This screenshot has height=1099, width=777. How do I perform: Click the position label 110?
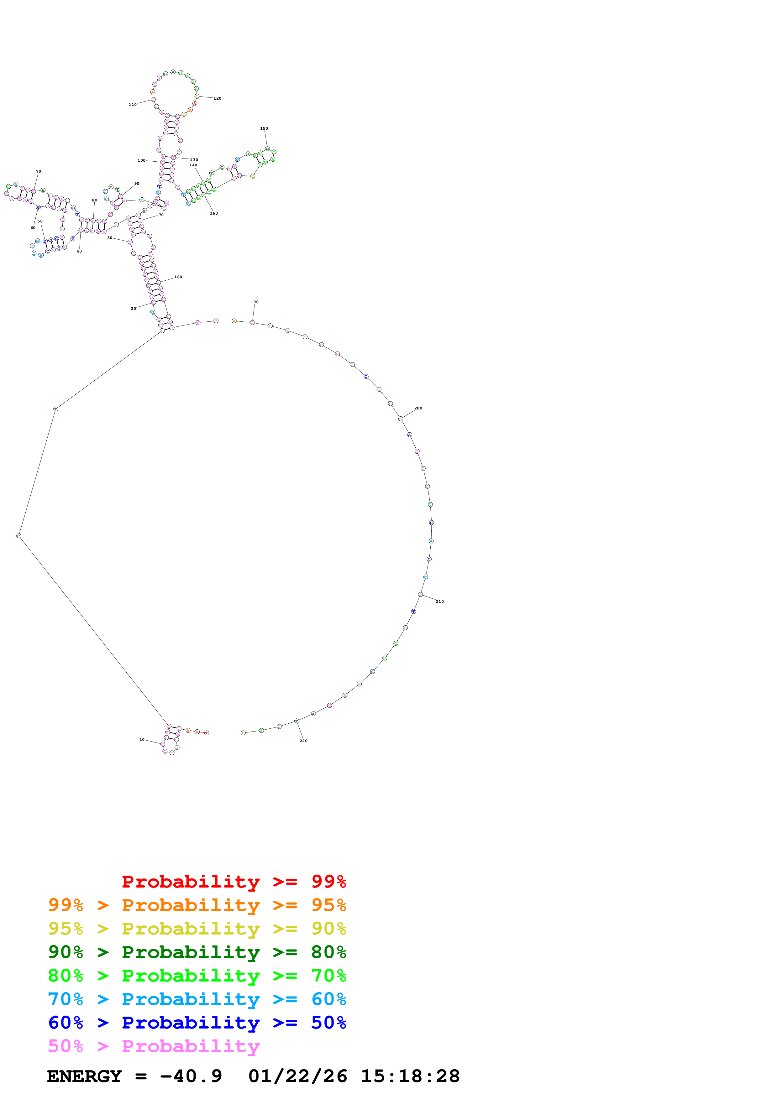[133, 104]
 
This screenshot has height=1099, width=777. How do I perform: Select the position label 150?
[264, 128]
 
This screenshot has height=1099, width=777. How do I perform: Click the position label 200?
[418, 408]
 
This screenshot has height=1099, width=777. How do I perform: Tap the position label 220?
[303, 741]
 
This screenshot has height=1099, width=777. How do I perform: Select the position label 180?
[178, 277]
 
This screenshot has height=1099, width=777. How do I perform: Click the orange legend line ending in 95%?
[197, 905]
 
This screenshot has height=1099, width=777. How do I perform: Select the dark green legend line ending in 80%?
[197, 952]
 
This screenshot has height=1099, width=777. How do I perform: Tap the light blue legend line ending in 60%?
[197, 999]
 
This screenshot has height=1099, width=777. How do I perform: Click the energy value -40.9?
[191, 1076]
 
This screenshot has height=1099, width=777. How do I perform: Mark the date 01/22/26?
[297, 1076]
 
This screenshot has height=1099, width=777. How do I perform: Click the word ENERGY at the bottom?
[84, 1076]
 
